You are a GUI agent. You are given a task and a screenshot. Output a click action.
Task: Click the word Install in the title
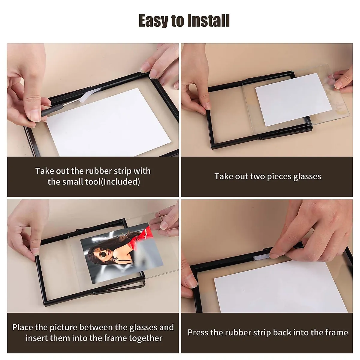click(x=208, y=21)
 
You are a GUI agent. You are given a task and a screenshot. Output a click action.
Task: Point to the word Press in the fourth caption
click(x=198, y=332)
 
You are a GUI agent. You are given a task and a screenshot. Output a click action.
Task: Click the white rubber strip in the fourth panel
click(x=262, y=257)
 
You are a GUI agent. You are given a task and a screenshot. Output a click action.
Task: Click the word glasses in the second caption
click(x=307, y=176)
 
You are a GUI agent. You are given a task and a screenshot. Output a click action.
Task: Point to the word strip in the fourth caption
click(x=271, y=332)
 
